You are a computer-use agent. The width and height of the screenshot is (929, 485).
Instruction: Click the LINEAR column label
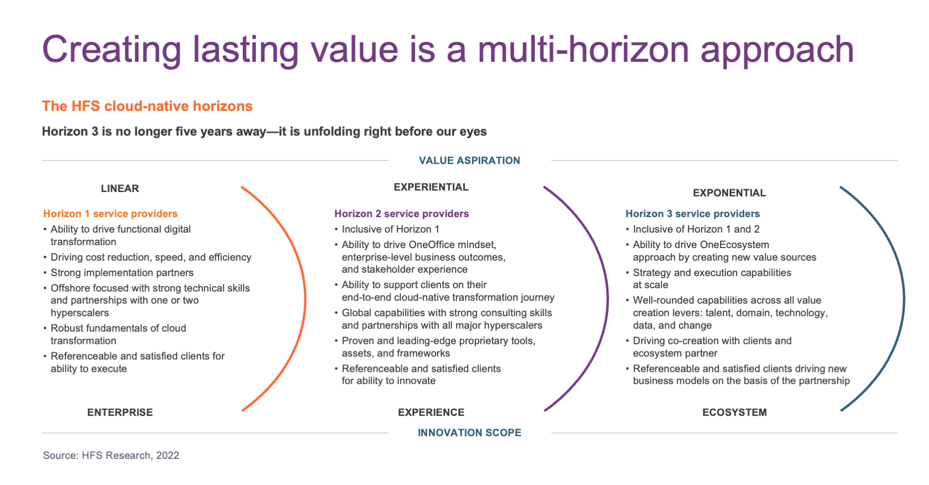tap(120, 189)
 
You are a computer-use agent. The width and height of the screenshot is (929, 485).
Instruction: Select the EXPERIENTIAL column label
tap(431, 187)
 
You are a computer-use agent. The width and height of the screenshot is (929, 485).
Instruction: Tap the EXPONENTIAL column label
tap(729, 193)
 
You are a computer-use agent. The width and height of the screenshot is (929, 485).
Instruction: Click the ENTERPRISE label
tap(120, 412)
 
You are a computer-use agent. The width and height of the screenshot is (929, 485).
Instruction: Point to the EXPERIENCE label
tap(431, 412)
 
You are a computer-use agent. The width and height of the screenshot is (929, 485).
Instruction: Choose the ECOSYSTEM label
tap(735, 412)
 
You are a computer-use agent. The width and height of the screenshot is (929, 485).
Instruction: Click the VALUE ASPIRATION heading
tap(470, 161)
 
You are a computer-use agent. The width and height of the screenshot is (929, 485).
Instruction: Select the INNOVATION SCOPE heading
tap(470, 433)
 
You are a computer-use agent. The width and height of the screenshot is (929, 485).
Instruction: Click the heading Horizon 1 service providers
tap(110, 214)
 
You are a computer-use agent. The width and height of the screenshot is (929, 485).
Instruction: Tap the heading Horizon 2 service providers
tap(401, 214)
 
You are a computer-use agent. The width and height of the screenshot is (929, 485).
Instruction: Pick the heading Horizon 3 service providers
tap(693, 214)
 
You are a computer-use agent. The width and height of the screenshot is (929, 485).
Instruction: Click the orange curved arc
tap(305, 299)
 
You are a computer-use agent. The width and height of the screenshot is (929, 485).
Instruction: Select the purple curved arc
tap(607, 299)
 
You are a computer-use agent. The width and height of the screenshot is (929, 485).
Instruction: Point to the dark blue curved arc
tap(904, 299)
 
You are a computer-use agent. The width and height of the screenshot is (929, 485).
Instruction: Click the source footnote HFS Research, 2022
tap(111, 456)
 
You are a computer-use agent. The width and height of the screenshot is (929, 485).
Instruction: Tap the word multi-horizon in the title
tap(583, 50)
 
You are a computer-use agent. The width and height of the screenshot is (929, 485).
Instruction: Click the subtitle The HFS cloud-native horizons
tap(147, 106)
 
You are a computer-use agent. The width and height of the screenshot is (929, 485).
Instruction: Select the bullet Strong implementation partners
tap(122, 273)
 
